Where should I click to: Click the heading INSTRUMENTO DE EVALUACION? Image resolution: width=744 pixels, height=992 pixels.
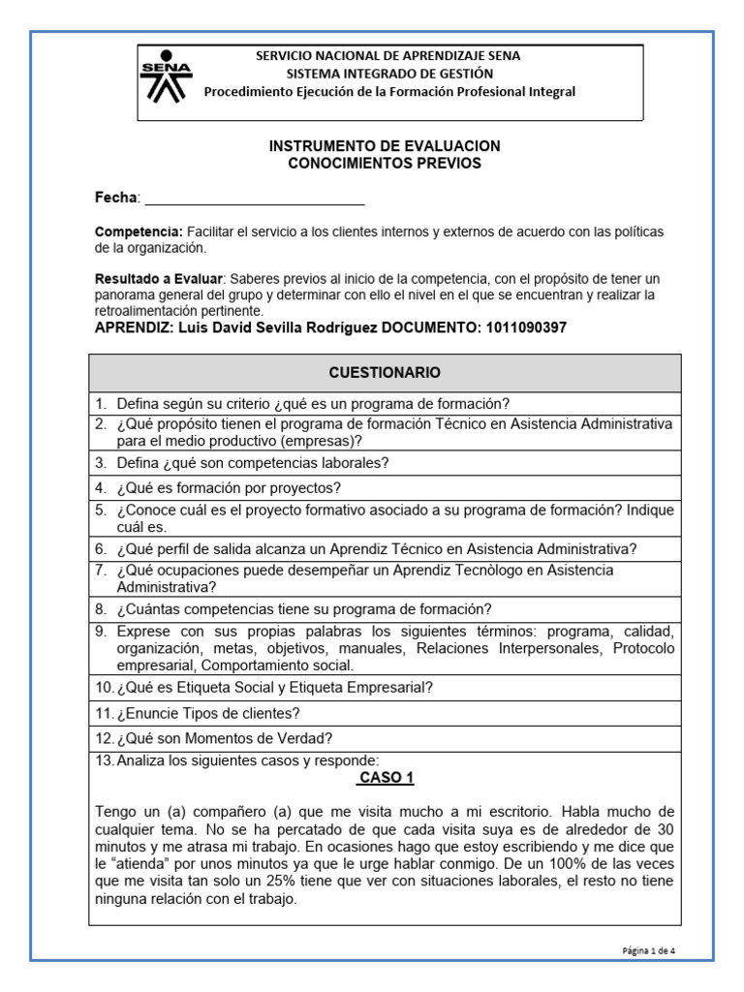click(x=385, y=145)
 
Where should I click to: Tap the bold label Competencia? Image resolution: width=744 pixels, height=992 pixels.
click(x=139, y=232)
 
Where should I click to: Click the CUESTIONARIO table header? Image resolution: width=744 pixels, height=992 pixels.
click(x=385, y=372)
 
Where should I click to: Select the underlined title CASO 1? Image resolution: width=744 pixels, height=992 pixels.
click(x=385, y=778)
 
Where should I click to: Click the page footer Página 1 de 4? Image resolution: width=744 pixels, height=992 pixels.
click(x=649, y=950)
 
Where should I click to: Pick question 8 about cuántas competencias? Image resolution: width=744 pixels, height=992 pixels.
click(x=304, y=609)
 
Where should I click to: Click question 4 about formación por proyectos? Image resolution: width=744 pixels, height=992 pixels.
click(x=229, y=487)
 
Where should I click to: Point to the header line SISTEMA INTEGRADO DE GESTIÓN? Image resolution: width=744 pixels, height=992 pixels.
click(x=389, y=74)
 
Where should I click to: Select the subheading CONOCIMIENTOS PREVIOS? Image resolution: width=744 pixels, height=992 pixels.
click(x=385, y=163)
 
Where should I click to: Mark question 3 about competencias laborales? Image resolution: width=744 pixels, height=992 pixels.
click(x=253, y=463)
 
